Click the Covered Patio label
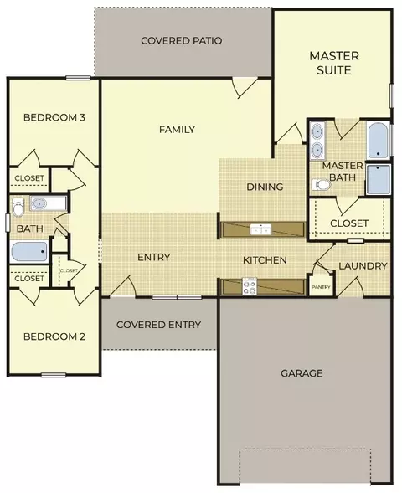[x=182, y=40]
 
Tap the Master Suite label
[x=334, y=63]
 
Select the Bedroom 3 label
[x=54, y=117]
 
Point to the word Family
[x=177, y=129]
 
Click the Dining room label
[x=265, y=187]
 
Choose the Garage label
[x=301, y=373]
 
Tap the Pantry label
[x=321, y=287]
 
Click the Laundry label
[x=363, y=266]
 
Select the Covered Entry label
[x=158, y=325]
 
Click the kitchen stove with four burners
[x=250, y=286]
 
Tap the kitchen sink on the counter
[x=260, y=230]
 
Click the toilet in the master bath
[x=321, y=184]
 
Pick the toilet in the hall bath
[x=18, y=207]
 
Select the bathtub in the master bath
[x=378, y=141]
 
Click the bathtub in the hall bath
[x=29, y=252]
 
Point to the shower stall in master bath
[x=378, y=179]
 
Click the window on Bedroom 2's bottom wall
[x=54, y=375]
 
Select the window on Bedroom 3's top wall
[x=79, y=78]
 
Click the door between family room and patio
[x=245, y=87]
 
